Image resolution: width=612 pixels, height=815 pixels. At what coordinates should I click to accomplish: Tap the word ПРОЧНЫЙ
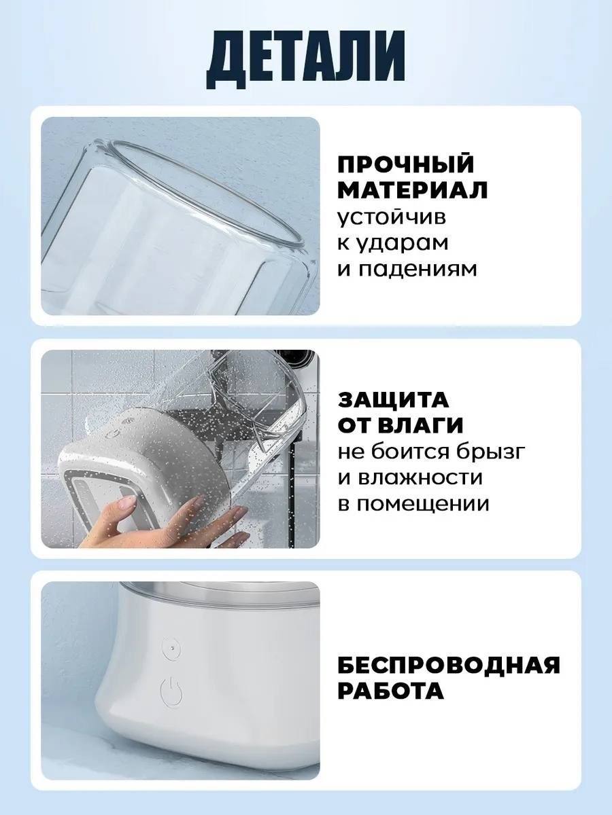tap(406, 165)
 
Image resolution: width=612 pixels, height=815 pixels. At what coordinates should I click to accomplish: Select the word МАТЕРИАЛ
tap(413, 191)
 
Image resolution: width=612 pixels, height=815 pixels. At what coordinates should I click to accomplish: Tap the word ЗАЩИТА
tap(394, 399)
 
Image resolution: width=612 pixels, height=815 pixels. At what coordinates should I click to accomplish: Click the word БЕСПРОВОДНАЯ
tap(449, 665)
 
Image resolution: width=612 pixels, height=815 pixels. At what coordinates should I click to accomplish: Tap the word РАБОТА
tap(390, 691)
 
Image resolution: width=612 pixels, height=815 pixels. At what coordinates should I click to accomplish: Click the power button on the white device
tap(171, 693)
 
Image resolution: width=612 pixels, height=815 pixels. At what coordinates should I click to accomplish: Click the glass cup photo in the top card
tap(180, 216)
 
